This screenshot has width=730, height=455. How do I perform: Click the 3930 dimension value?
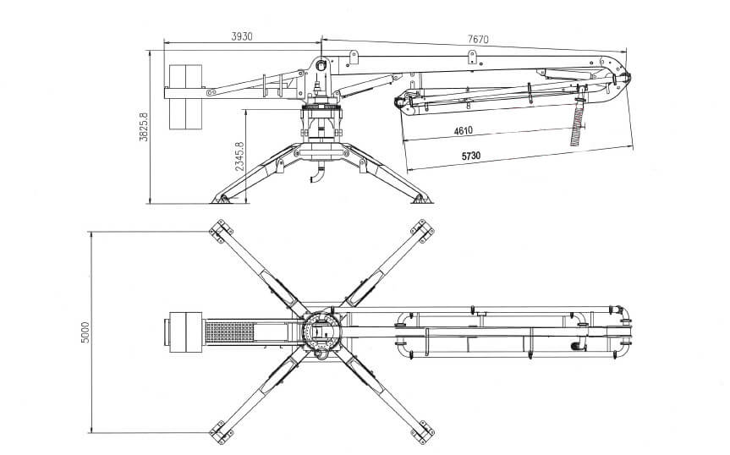[242, 36]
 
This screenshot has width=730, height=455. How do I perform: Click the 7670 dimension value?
[478, 39]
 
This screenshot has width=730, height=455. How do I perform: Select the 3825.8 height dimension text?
[144, 127]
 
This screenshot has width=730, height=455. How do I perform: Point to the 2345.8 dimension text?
[239, 156]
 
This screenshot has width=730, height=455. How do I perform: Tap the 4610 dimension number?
[464, 131]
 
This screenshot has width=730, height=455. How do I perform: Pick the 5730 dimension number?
[471, 156]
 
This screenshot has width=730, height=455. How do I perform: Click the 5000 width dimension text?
[85, 332]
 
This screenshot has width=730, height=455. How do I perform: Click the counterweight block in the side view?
[185, 96]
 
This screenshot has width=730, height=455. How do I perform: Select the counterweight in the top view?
[183, 332]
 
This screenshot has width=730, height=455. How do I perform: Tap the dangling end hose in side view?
[578, 123]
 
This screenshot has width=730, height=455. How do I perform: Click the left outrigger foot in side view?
[221, 199]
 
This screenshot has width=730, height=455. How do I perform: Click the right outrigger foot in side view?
[422, 199]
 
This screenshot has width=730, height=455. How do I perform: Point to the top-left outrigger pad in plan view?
[221, 231]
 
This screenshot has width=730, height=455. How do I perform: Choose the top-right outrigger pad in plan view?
[422, 231]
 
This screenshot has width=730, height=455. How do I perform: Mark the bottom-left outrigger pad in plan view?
[221, 433]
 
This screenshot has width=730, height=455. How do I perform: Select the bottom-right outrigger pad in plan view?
[422, 433]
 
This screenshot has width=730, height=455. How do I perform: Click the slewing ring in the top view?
[305, 332]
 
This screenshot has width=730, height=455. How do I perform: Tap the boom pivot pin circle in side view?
[321, 64]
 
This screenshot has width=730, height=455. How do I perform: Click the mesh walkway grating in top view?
[229, 332]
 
